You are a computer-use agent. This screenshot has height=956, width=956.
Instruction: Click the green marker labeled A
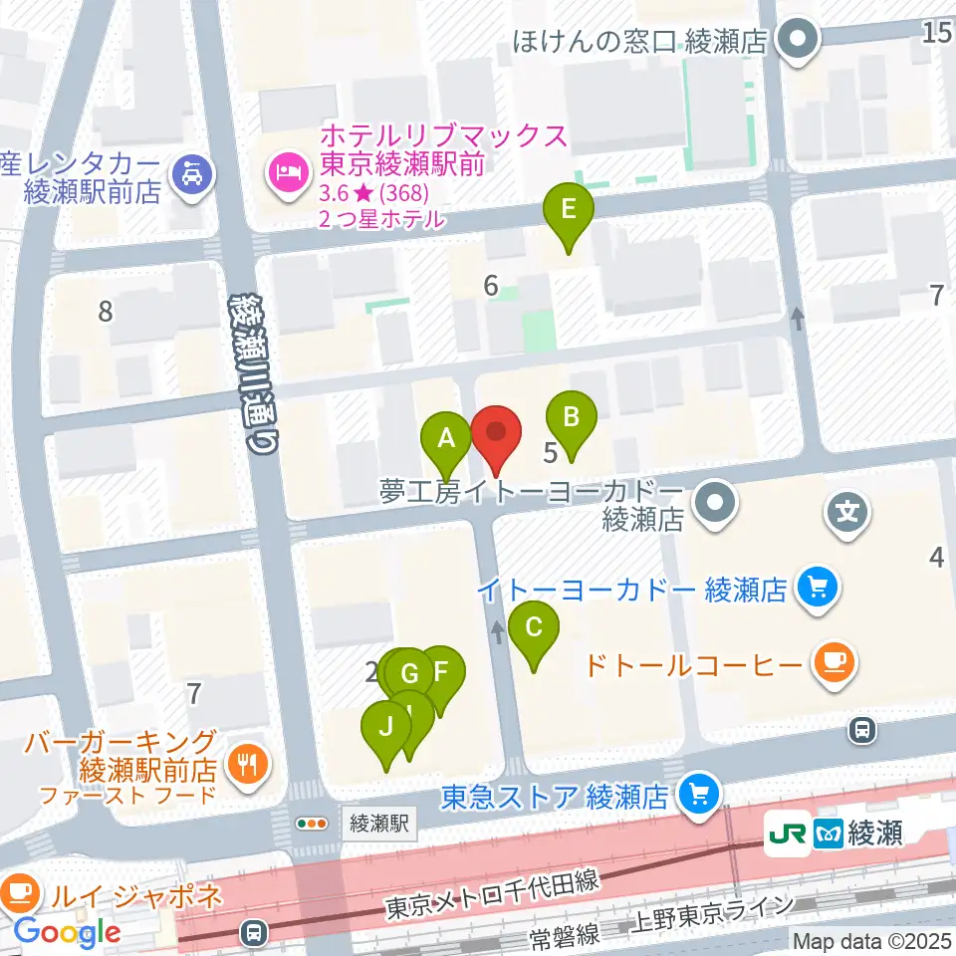click(447, 438)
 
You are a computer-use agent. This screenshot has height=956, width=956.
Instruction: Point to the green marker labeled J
click(385, 728)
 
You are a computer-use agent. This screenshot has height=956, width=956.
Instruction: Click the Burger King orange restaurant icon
click(245, 764)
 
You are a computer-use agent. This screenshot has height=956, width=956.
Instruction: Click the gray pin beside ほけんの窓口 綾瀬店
click(798, 41)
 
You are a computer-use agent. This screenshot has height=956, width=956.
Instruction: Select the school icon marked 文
click(847, 514)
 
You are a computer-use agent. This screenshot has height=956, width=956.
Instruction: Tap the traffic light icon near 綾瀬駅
click(313, 824)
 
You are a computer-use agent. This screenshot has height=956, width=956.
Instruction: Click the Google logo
click(67, 932)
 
